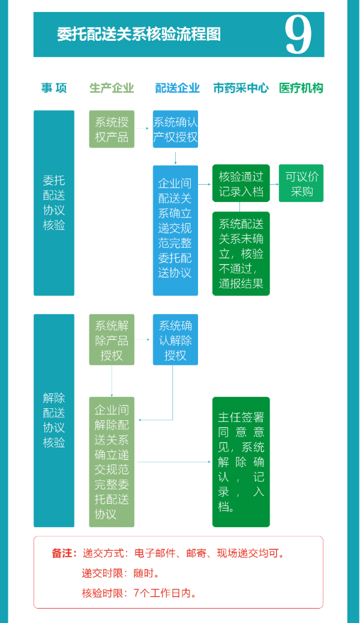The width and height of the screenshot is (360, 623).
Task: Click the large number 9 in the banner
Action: tap(298, 35)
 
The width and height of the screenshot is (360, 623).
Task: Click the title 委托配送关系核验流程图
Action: tap(139, 34)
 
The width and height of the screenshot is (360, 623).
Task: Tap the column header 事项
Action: tap(54, 88)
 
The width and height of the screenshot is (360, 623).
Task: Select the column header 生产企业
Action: tap(112, 88)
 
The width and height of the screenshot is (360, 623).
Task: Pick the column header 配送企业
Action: tap(177, 88)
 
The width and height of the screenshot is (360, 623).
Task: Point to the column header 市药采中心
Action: tap(241, 88)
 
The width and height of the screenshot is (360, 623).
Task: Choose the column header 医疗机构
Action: tap(301, 88)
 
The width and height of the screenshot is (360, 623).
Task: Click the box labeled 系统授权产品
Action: tap(112, 129)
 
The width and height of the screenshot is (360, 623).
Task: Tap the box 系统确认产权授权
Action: tap(175, 129)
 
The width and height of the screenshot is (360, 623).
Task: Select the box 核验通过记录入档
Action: tap(241, 183)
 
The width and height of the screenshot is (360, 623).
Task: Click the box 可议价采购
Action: tap(301, 183)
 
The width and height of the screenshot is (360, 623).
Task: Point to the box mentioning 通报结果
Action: tap(241, 253)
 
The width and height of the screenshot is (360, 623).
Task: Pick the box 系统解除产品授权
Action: tap(112, 340)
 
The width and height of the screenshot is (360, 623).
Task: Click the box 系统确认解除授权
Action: tap(175, 340)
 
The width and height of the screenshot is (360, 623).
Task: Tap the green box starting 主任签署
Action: tap(241, 462)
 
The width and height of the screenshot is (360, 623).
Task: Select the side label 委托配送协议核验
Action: tap(54, 203)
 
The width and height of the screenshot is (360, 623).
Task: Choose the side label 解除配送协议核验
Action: tap(54, 420)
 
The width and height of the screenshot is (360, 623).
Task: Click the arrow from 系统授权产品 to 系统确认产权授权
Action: tap(142, 128)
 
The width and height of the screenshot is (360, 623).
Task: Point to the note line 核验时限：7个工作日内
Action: tap(139, 594)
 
